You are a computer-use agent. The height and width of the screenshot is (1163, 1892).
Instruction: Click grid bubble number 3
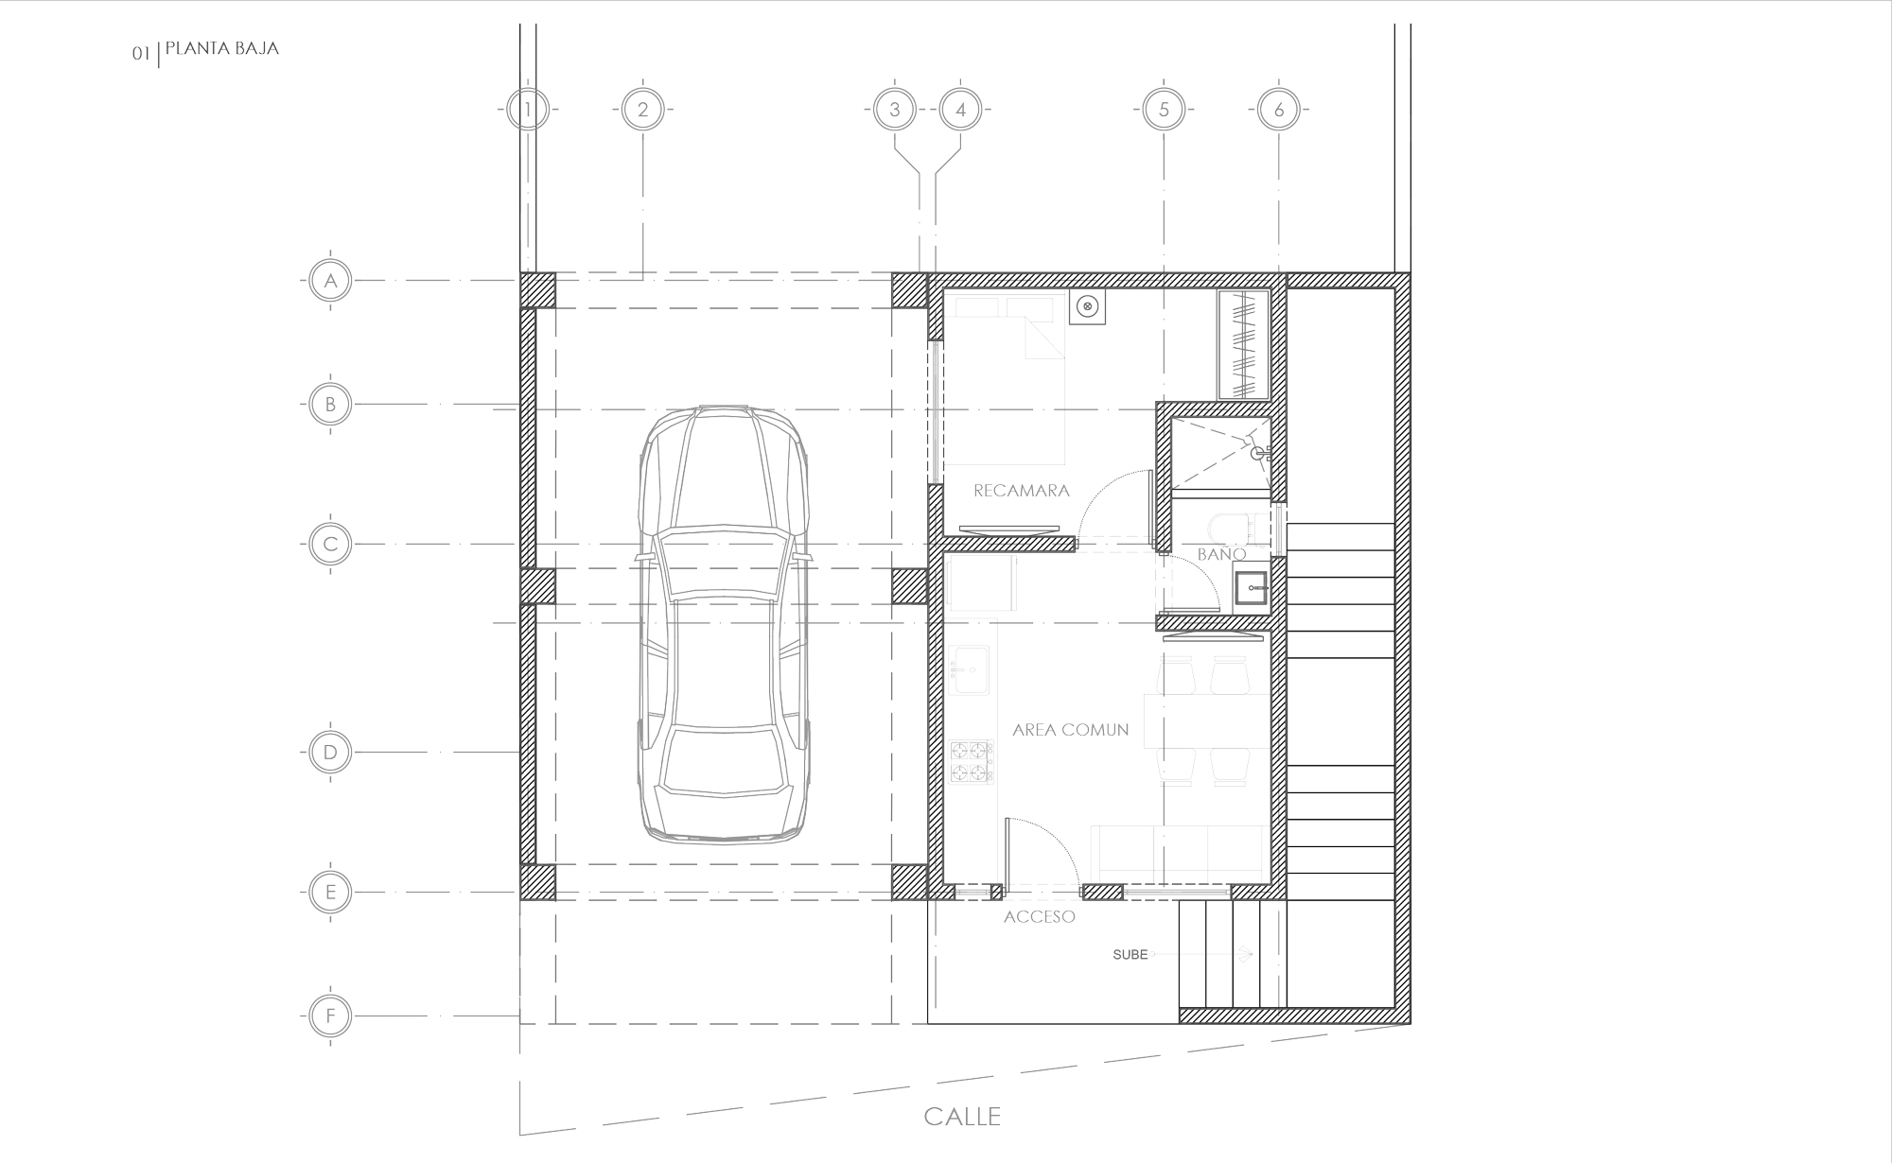(894, 110)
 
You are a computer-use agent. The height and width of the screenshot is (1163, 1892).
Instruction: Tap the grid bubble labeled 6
(1279, 110)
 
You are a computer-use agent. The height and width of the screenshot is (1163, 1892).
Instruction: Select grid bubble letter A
(330, 281)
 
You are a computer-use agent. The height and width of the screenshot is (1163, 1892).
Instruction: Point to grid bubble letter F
(330, 1016)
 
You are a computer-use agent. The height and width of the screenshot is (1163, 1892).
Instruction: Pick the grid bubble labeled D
(330, 753)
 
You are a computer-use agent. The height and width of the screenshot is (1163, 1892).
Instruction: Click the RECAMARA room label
(1022, 491)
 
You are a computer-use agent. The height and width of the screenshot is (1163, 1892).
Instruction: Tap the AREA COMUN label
(1070, 730)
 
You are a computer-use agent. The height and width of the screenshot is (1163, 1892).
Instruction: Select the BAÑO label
(1220, 554)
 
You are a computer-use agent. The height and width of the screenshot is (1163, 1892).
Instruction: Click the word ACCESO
(1040, 916)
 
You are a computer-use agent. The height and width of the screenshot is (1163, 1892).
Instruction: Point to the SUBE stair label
(1130, 955)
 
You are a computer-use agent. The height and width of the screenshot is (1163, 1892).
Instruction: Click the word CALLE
(962, 1117)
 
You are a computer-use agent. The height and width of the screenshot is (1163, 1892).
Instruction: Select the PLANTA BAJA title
(221, 48)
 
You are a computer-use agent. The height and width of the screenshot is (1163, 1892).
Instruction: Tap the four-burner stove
(972, 763)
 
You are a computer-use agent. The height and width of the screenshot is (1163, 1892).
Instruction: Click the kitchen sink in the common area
(970, 670)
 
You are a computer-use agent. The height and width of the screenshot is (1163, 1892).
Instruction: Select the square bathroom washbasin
(1252, 588)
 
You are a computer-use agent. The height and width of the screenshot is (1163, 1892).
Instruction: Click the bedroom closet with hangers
(1242, 344)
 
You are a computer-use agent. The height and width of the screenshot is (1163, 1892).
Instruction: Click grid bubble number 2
(643, 110)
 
